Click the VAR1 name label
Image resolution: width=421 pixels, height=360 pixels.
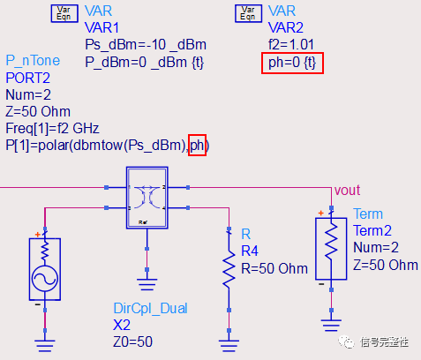click(102, 26)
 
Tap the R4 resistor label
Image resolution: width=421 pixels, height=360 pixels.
click(251, 251)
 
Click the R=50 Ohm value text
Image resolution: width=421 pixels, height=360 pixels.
click(274, 267)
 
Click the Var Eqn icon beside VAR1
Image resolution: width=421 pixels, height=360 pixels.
click(61, 12)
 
